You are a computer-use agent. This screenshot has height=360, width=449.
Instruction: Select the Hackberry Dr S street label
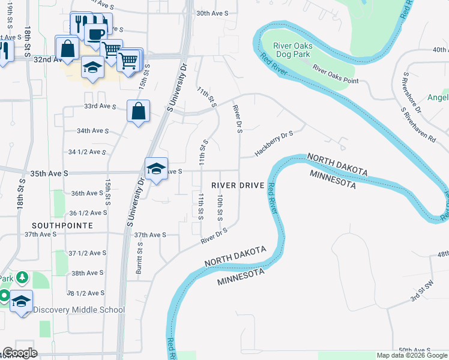[x=273, y=143]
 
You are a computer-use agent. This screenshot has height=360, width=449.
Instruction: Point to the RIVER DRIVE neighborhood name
[x=238, y=185]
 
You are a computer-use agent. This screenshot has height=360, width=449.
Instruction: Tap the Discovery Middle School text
[x=79, y=310]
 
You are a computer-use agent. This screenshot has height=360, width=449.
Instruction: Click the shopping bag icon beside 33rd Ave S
[x=138, y=111]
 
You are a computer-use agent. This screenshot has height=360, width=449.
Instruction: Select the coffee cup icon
[x=95, y=34]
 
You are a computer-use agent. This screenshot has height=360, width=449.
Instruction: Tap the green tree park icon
[x=22, y=277]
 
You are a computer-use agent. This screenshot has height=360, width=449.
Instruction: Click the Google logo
[x=20, y=353]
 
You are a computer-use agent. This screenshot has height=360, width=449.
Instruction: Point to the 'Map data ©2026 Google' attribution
[x=412, y=355]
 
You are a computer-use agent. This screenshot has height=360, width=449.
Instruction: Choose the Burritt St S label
[x=139, y=258]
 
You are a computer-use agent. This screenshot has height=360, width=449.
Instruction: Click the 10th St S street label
[x=220, y=206]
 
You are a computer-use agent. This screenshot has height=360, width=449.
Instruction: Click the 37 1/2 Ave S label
[x=87, y=253]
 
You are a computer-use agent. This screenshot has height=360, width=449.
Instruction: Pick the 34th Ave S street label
[x=92, y=130]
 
